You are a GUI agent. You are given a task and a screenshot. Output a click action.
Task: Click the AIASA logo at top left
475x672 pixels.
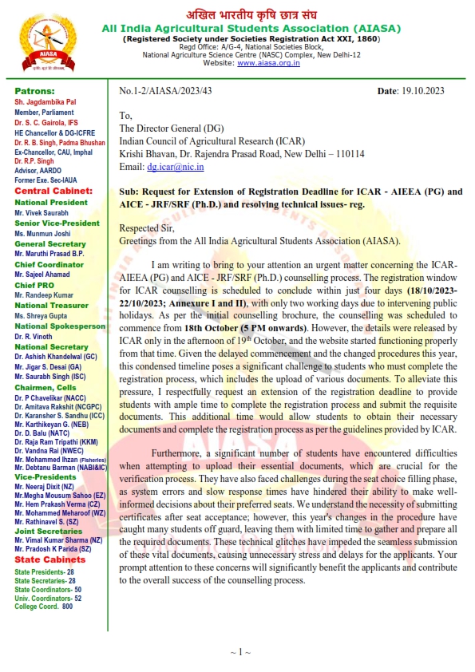39,38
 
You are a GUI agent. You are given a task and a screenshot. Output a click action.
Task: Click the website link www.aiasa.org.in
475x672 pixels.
268,63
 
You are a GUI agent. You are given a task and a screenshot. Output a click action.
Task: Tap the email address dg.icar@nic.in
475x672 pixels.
175,167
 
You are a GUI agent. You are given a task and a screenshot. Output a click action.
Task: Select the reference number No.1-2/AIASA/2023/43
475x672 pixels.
165,92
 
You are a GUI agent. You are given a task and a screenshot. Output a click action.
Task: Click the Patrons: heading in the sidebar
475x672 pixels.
34,91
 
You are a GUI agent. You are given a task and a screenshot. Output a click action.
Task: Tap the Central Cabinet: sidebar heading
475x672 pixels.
53,192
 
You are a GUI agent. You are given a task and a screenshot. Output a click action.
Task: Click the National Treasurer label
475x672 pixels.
51,306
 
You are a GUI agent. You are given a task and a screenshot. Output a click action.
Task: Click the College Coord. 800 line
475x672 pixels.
43,607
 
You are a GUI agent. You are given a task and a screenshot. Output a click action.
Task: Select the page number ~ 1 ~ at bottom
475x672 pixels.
240,652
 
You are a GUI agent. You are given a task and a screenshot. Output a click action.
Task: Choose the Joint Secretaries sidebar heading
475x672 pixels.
49,531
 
